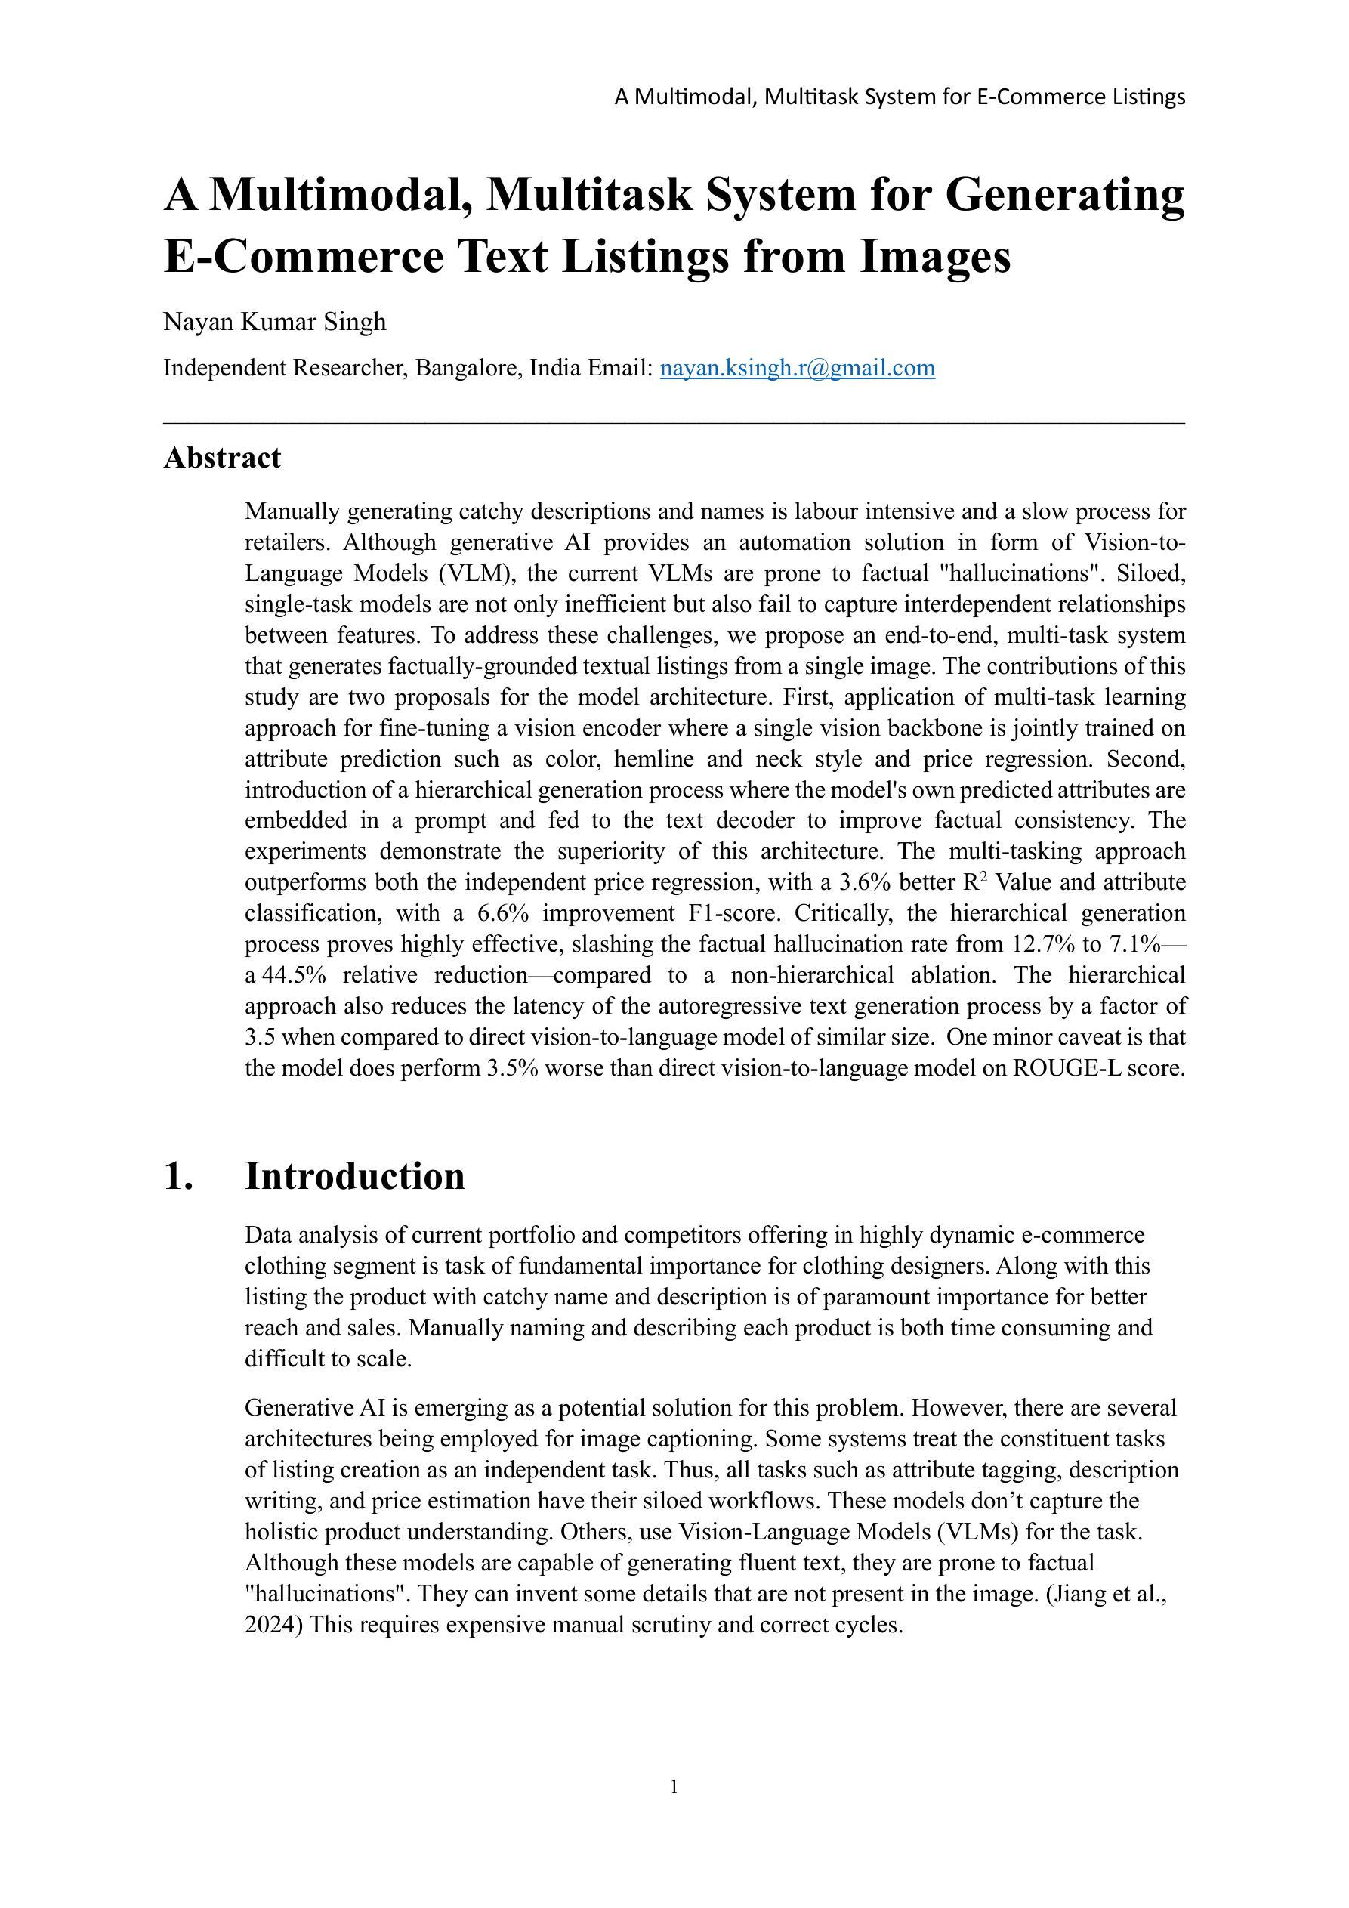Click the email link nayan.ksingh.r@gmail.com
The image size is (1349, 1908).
click(797, 367)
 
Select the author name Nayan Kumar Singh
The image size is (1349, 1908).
click(274, 322)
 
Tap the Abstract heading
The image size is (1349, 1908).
click(222, 458)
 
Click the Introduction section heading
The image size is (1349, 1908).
click(354, 1176)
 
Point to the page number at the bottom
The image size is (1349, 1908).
click(674, 1786)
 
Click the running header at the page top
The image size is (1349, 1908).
click(900, 97)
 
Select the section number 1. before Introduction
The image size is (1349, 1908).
click(179, 1176)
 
